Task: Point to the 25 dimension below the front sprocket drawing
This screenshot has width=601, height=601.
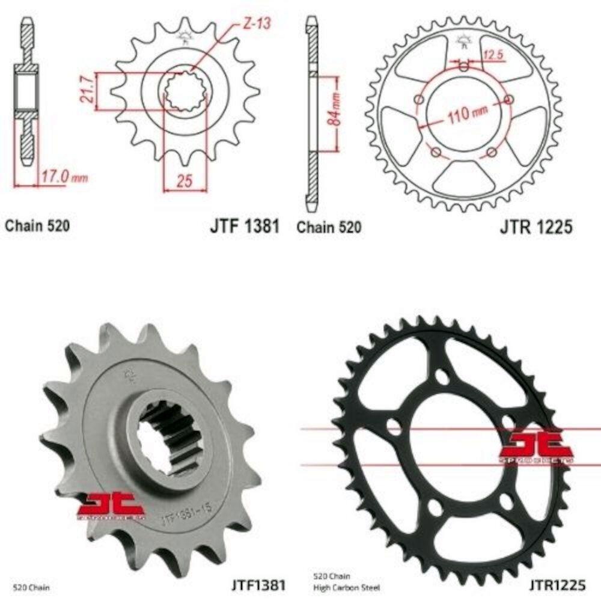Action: (185, 181)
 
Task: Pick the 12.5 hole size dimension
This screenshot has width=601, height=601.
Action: (492, 56)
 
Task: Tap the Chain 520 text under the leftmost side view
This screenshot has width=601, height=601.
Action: (37, 226)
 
